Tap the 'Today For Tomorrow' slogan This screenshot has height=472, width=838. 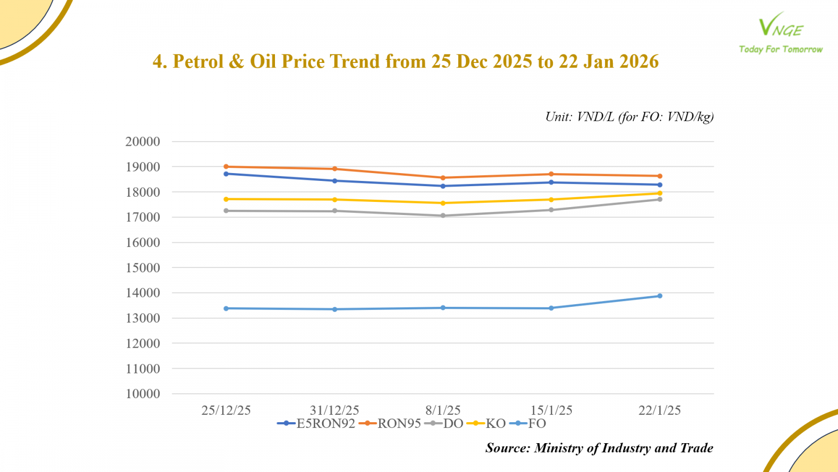780,49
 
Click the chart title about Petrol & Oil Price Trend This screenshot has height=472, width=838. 405,61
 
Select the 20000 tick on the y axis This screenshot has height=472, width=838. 142,142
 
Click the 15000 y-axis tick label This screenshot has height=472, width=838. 142,267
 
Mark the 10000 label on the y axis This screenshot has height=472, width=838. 142,394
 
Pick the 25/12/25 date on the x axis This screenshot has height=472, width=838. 226,410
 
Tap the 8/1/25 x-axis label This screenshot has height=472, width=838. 443,410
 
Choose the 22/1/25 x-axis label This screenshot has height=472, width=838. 659,410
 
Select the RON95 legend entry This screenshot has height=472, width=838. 390,424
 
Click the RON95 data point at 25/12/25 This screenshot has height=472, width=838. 226,167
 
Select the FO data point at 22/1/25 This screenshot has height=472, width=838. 660,296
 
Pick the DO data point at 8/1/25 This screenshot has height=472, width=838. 443,216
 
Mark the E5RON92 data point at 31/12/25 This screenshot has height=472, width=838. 335,181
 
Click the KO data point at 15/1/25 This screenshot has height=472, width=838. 551,199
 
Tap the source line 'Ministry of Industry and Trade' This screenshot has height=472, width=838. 599,448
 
